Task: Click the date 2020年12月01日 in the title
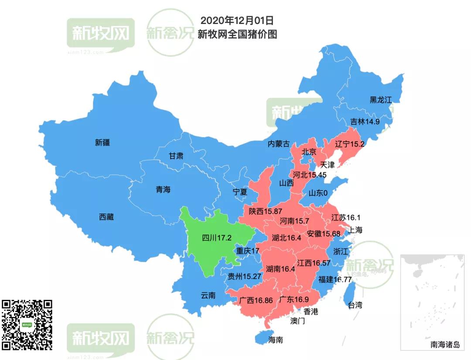(x=237, y=20)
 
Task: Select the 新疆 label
(x=102, y=142)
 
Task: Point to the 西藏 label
(x=106, y=217)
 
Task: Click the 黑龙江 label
(x=381, y=99)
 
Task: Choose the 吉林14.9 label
(x=365, y=122)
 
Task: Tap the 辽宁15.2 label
(x=349, y=144)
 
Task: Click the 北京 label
(x=309, y=152)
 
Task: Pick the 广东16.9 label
(x=294, y=299)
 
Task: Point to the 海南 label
(x=276, y=340)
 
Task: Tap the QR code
(x=27, y=324)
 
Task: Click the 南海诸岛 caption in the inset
(x=445, y=345)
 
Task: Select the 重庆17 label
(x=248, y=251)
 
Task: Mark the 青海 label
(x=163, y=190)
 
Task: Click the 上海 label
(x=355, y=230)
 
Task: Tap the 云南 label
(x=208, y=295)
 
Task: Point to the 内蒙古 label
(x=279, y=144)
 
